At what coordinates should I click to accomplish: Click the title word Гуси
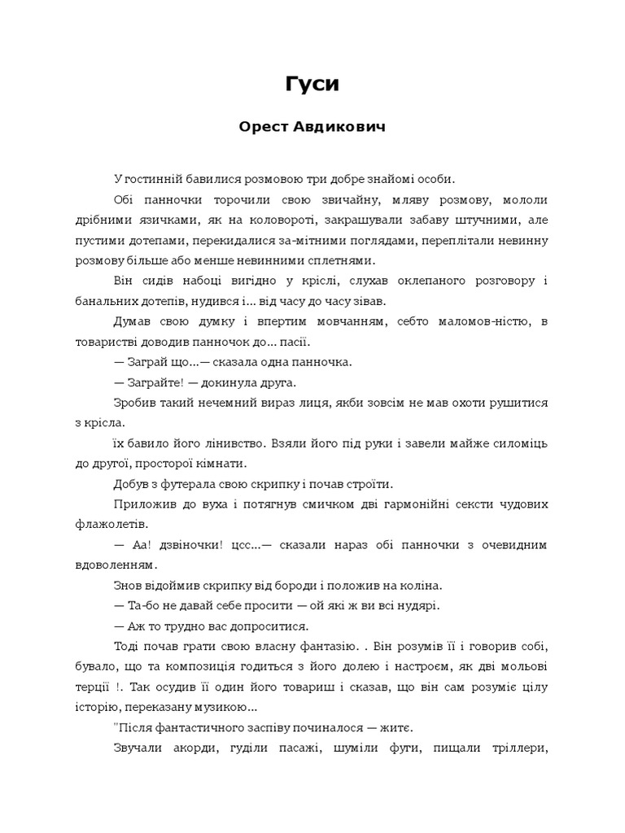[x=312, y=84]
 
